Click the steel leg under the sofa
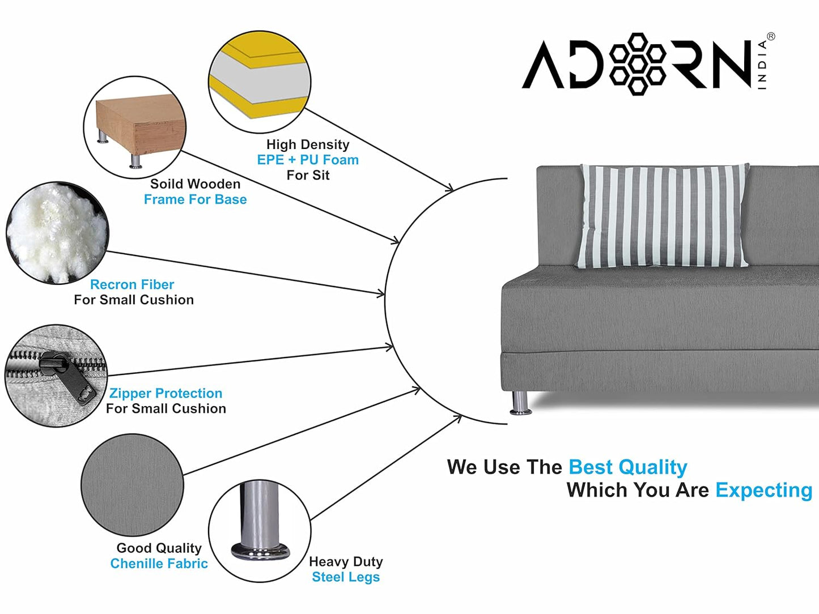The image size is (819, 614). point(520,402)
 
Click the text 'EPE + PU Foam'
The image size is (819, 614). point(308,160)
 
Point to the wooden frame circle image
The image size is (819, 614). point(135,127)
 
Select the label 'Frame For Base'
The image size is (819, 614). point(195,199)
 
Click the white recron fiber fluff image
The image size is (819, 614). point(57,232)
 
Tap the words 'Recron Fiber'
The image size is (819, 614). point(132,284)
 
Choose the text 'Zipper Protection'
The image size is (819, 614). point(166,393)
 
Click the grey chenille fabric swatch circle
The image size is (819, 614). point(132,485)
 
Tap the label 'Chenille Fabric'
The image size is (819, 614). point(159,564)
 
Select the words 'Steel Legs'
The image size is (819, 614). point(346,577)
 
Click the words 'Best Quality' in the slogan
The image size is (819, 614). point(627,467)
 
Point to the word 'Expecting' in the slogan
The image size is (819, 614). point(763,490)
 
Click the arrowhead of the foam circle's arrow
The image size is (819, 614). point(450,187)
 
